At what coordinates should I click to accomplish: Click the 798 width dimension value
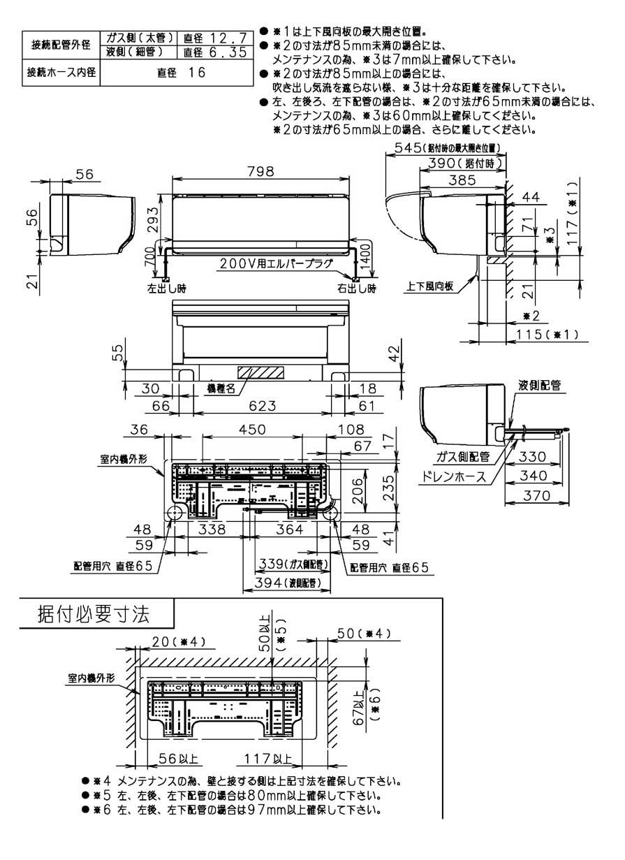(x=260, y=172)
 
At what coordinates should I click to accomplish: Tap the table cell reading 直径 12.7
(x=214, y=38)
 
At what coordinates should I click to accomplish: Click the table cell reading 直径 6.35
(x=214, y=52)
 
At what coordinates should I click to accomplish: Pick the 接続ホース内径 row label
(x=61, y=72)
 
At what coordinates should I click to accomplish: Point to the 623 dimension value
(x=260, y=405)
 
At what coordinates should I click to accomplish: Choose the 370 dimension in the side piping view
(x=538, y=495)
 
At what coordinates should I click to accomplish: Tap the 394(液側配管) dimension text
(x=282, y=582)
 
